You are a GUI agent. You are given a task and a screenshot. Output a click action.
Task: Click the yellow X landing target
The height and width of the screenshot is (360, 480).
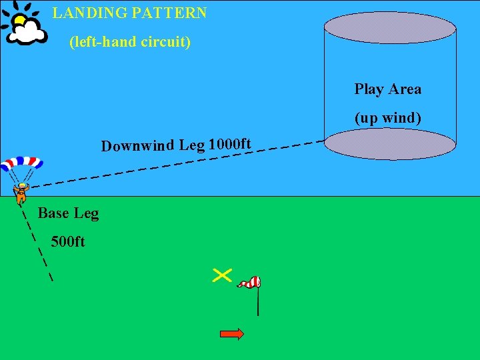pos(222,275)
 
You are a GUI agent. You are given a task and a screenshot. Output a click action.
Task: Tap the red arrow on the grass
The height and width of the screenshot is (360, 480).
pos(231,334)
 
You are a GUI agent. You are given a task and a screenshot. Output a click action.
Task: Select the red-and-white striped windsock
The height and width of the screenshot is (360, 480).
pos(249,283)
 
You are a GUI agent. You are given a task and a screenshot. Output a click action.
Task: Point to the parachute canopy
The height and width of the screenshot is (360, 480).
pos(21,163)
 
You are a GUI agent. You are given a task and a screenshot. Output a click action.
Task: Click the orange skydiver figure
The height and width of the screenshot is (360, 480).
pos(21,193)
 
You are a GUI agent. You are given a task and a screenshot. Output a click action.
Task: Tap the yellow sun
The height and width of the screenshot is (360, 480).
pos(20,20)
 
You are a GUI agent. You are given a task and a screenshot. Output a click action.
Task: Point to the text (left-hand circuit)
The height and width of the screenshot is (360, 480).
pos(130,42)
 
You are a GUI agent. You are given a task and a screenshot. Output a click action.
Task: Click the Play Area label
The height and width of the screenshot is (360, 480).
pos(387,89)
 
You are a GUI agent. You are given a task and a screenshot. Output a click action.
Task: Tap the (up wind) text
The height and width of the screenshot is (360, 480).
pos(387,118)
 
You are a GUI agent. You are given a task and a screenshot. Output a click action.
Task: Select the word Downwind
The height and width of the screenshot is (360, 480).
pos(137,146)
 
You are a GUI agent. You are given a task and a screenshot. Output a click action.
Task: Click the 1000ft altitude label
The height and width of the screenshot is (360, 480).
pos(229,144)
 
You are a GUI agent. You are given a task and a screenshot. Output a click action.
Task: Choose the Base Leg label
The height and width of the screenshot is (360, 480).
pos(68,213)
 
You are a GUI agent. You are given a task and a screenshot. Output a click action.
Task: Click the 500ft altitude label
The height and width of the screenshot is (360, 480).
pos(67,241)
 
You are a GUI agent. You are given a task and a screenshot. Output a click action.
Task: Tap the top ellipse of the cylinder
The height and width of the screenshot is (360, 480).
pos(389,28)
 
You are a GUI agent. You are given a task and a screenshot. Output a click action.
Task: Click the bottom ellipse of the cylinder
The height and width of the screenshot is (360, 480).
pos(389,144)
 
